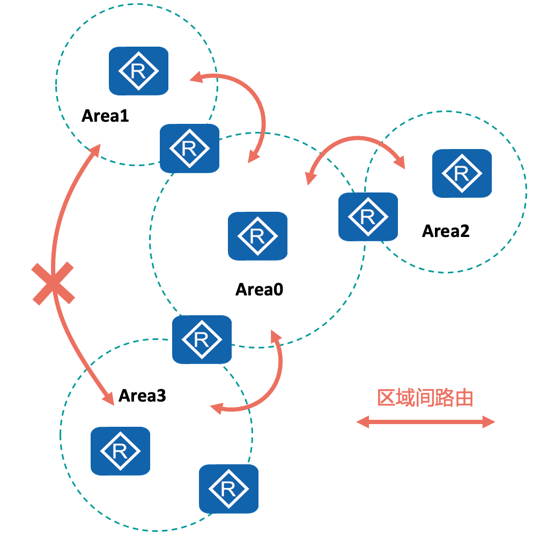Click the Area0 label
(x=259, y=290)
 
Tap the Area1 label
(x=105, y=115)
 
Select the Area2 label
(x=446, y=231)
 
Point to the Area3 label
(x=142, y=396)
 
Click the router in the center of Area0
(x=257, y=236)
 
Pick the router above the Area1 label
(x=138, y=71)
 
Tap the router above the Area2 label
(x=462, y=173)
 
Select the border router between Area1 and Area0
(x=189, y=149)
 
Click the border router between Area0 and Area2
(x=368, y=217)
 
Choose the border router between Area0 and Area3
(x=202, y=339)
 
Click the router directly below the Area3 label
(x=120, y=451)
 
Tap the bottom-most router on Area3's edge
(x=228, y=488)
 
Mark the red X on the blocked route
(x=53, y=284)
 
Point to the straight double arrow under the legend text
(x=425, y=422)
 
